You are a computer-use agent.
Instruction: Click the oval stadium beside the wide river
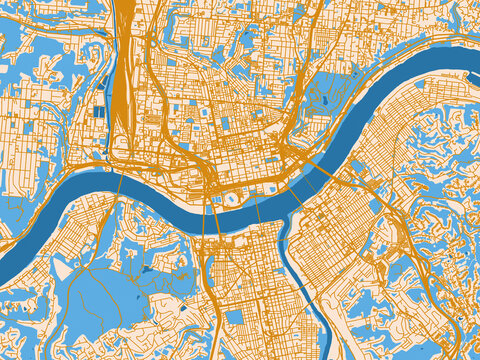(x=232, y=198)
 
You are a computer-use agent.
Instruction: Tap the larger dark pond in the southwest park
(x=147, y=268)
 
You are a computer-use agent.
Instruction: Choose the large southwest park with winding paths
(x=110, y=290)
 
